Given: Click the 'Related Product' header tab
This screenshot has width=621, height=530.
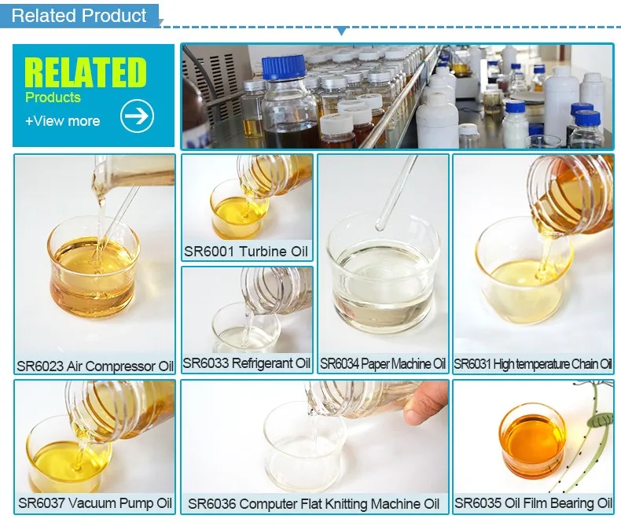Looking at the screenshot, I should tap(79, 16).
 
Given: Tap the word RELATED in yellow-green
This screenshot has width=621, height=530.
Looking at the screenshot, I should tap(86, 72).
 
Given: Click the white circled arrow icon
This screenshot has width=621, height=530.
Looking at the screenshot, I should tap(137, 116).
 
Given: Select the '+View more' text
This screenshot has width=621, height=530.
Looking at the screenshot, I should tap(63, 121).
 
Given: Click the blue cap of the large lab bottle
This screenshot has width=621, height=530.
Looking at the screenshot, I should tap(283, 68).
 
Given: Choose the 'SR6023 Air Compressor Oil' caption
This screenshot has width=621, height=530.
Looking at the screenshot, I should tap(94, 366).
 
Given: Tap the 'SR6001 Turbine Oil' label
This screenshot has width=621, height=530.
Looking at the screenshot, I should tap(247, 252).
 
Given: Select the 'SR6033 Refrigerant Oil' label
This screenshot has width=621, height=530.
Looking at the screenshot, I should tap(247, 363).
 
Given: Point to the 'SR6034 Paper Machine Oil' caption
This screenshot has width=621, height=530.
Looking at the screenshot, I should tap(383, 364).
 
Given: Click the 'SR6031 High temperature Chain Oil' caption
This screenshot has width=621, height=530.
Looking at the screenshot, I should tap(533, 364).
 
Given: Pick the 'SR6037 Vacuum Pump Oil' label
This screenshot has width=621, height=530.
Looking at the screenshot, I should tap(94, 503).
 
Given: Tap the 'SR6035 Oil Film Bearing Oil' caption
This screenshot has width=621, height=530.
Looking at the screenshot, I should tap(533, 503).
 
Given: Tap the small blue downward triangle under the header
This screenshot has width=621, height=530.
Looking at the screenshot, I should tap(340, 31).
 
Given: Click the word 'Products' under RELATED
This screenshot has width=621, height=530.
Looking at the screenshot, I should tap(53, 98).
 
